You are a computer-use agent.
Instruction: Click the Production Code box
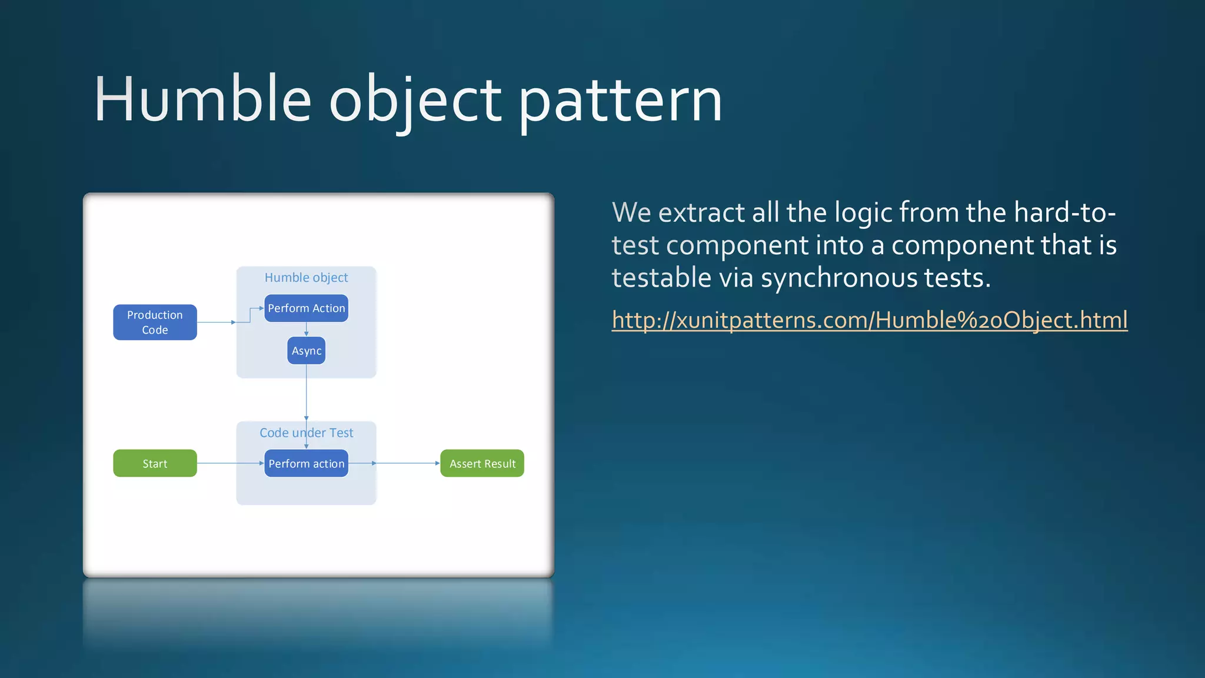click(155, 322)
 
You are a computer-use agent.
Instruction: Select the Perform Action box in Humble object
click(306, 308)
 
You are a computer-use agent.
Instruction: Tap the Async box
click(306, 351)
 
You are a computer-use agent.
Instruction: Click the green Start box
click(155, 463)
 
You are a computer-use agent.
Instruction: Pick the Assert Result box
click(482, 463)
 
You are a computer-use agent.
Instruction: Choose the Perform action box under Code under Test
click(306, 463)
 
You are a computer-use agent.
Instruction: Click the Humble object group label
click(306, 277)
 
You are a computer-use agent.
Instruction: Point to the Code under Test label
click(306, 433)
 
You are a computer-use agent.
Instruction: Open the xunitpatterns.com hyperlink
click(869, 320)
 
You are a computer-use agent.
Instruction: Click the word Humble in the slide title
click(202, 100)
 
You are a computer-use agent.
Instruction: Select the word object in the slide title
click(415, 100)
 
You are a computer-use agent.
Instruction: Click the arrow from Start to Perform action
click(229, 463)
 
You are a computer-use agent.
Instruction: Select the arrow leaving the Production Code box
click(215, 322)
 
